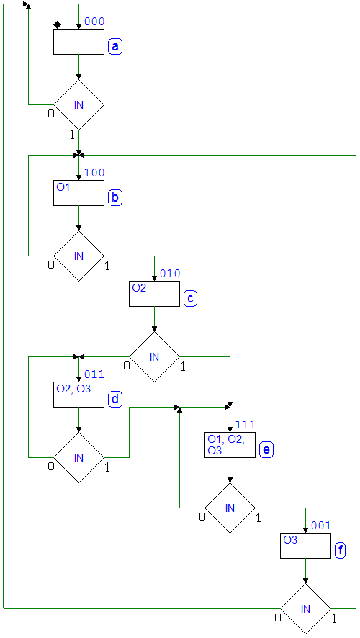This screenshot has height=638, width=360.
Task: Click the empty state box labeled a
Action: (x=79, y=42)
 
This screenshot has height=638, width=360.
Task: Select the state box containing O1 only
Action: (x=79, y=193)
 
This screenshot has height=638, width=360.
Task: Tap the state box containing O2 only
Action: (x=154, y=294)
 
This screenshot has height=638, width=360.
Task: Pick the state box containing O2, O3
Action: (x=79, y=395)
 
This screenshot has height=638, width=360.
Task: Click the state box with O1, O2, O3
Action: (x=230, y=445)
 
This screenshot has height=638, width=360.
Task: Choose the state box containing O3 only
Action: (x=305, y=546)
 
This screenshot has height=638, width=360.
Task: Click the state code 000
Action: (x=94, y=22)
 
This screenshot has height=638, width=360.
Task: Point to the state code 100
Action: (x=94, y=173)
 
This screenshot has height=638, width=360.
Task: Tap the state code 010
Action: (x=170, y=274)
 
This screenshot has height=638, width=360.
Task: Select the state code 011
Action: (x=94, y=374)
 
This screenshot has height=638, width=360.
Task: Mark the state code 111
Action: (x=246, y=425)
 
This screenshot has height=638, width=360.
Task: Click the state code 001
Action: (x=321, y=526)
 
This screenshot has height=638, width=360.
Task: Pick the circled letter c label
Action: (x=190, y=299)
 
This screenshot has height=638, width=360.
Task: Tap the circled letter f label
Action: (x=341, y=551)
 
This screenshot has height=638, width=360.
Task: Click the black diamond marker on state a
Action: (x=58, y=25)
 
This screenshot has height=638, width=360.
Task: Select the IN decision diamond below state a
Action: (x=79, y=104)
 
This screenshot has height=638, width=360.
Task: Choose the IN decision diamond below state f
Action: (x=305, y=608)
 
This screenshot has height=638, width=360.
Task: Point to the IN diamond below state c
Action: (x=154, y=357)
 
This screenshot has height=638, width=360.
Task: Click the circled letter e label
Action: (x=266, y=450)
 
